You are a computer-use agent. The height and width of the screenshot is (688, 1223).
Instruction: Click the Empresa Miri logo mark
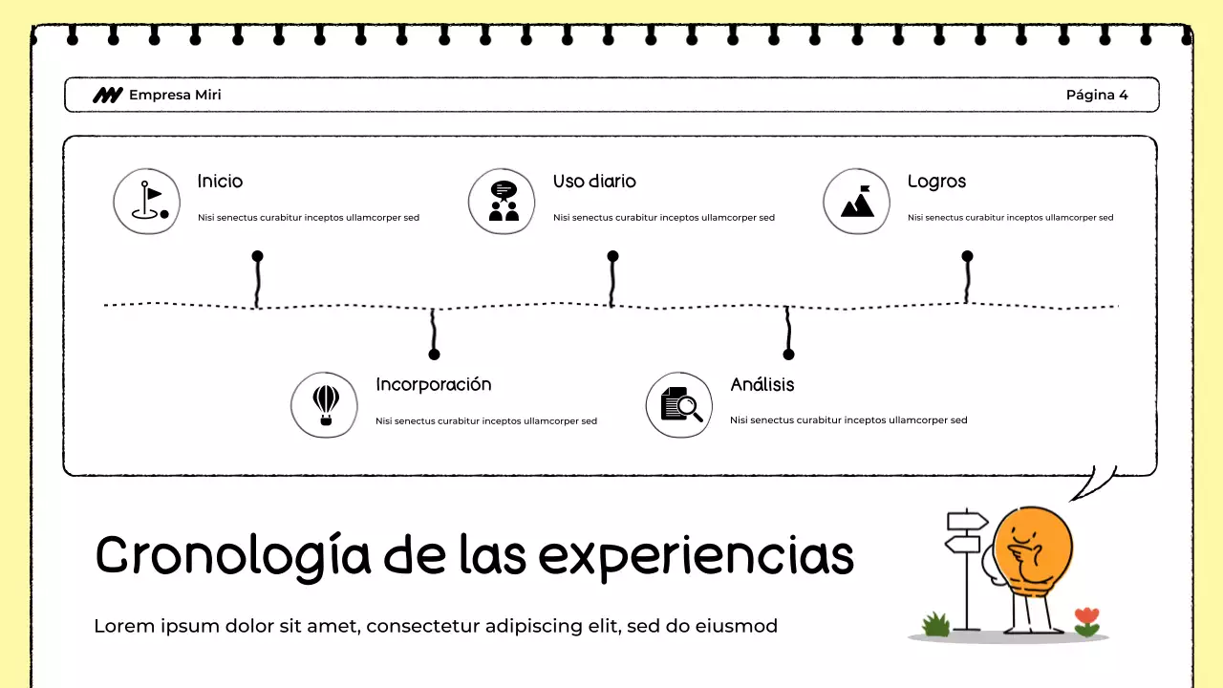107,95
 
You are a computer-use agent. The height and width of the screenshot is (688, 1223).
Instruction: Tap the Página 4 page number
1097,95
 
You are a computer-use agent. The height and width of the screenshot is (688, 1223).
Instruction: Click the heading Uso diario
594,182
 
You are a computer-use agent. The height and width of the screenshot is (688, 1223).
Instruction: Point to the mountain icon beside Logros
856,202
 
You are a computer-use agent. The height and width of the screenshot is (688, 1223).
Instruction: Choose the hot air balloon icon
325,404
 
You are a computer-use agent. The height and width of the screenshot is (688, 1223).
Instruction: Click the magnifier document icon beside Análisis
680,404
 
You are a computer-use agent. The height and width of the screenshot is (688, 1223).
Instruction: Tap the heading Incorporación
433,384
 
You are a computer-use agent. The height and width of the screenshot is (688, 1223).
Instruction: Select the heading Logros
936,182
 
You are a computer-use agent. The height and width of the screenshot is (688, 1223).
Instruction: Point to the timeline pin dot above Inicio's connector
257,256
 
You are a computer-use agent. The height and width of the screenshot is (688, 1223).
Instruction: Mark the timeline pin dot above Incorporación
434,355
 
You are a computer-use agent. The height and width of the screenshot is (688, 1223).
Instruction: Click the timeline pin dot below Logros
967,256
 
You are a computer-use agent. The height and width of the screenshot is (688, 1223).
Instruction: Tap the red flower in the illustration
1086,617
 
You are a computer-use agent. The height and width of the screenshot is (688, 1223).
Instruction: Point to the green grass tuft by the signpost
936,625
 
